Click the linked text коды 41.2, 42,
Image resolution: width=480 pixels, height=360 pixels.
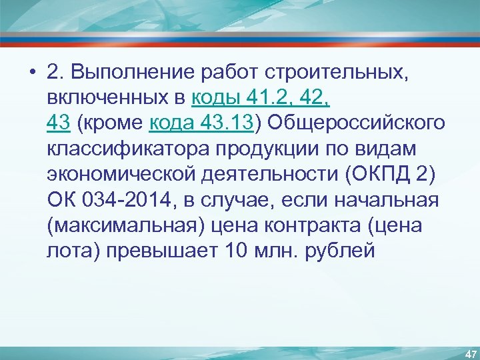(x=261, y=98)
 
